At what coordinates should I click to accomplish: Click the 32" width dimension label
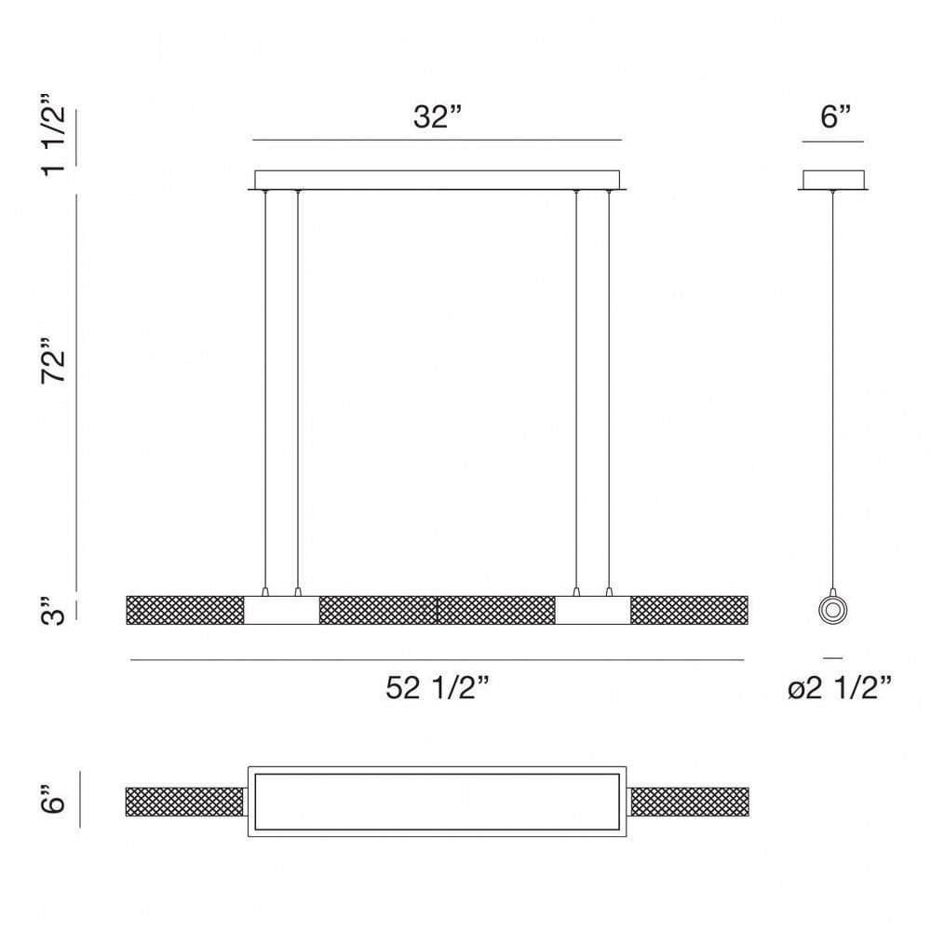(437, 117)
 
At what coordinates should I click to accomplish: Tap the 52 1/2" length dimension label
(438, 688)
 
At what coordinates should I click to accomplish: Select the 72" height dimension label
(53, 360)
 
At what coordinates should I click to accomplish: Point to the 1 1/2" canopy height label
(53, 134)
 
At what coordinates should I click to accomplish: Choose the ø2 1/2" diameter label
(840, 688)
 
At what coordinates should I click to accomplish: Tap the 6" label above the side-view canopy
(836, 117)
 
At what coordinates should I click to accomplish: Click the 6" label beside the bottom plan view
(53, 799)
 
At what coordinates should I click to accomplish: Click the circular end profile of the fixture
(832, 610)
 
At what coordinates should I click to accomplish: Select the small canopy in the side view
(833, 180)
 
